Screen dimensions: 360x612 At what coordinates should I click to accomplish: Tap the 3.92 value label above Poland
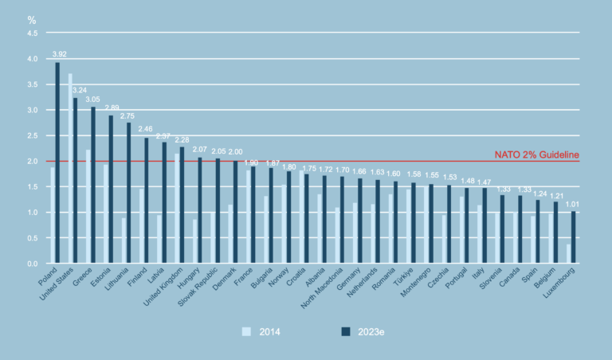(x=59, y=54)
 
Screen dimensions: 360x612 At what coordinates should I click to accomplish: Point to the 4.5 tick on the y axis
(x=32, y=33)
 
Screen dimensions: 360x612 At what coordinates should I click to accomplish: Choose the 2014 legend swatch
(x=246, y=330)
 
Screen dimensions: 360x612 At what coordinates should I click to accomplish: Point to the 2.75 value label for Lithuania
(x=127, y=115)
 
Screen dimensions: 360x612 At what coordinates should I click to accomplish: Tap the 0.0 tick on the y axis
(x=32, y=264)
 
